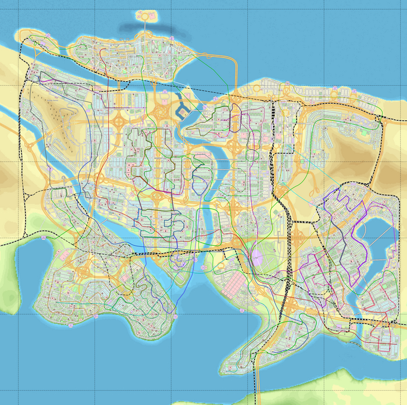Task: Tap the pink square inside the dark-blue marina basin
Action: coord(185,108)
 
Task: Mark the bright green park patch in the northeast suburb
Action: coord(365,132)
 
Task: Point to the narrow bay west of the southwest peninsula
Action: coord(26,273)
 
